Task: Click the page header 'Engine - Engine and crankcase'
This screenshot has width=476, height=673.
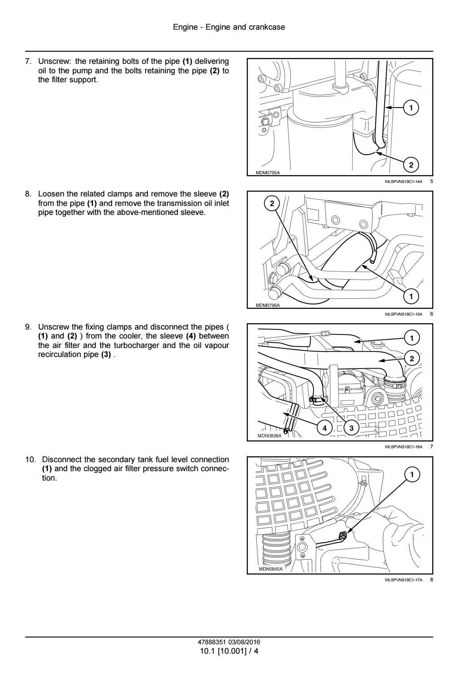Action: pos(229,27)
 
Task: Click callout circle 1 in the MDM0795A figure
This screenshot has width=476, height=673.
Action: pos(410,107)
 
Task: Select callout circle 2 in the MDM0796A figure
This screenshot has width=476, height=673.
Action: pos(272,204)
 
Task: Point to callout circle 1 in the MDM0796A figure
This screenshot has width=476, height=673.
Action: pos(411,295)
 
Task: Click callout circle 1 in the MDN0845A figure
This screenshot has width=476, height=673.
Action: pos(412,474)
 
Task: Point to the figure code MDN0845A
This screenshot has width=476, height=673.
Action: pos(271,569)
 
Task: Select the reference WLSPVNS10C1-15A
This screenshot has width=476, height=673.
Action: pos(404,314)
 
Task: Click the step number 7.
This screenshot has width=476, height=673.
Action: pos(28,61)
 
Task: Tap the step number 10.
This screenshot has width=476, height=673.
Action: pos(30,459)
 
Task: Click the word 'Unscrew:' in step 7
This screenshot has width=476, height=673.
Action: pos(53,61)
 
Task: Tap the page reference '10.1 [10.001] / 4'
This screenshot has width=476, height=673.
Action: pos(229,650)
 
